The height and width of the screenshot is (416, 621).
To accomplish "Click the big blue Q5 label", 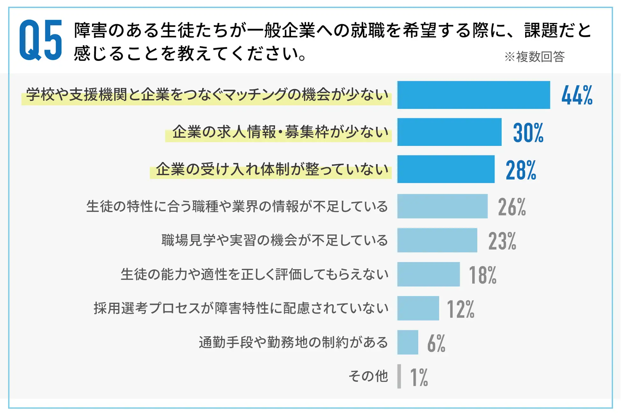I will pyautogui.click(x=40, y=40).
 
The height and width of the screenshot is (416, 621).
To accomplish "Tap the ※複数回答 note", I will pyautogui.click(x=534, y=57).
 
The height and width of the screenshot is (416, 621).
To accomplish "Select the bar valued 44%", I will pyautogui.click(x=473, y=95).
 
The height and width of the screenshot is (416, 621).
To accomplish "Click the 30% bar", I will pyautogui.click(x=449, y=132).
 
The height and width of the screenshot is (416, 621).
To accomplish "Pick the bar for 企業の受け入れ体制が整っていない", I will pyautogui.click(x=446, y=169).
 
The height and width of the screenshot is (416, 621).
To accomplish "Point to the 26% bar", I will pyautogui.click(x=442, y=206).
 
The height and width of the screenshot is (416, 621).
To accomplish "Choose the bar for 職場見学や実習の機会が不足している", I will pyautogui.click(x=437, y=240).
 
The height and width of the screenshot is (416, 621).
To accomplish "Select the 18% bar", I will pyautogui.click(x=428, y=274).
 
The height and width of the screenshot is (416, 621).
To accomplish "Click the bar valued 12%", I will pyautogui.click(x=418, y=308).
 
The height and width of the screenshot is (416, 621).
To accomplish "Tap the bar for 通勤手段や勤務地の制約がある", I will pyautogui.click(x=407, y=342).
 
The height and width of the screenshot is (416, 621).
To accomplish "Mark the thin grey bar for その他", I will pyautogui.click(x=399, y=376).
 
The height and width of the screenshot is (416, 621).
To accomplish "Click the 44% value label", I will pyautogui.click(x=577, y=95).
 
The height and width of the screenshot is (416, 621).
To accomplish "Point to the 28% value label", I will pyautogui.click(x=521, y=170).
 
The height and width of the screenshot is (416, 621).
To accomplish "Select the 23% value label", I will pyautogui.click(x=502, y=241).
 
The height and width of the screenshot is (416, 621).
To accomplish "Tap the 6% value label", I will pyautogui.click(x=436, y=343).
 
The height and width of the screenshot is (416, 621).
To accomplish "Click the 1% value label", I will pyautogui.click(x=419, y=377).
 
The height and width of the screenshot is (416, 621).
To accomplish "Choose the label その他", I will pyautogui.click(x=368, y=376).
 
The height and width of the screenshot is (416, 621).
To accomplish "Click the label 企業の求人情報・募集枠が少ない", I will pyautogui.click(x=280, y=132).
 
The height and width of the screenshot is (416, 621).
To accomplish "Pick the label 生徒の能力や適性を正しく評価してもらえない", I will pyautogui.click(x=254, y=274).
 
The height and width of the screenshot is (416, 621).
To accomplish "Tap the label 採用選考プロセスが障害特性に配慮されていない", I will pyautogui.click(x=241, y=308).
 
